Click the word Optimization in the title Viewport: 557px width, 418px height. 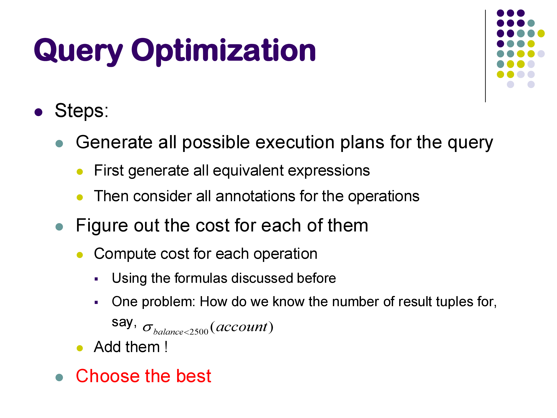tap(223, 52)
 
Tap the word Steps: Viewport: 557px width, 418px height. tap(82, 111)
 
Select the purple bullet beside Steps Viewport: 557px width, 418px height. tap(38, 112)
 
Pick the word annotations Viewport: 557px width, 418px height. tap(255, 196)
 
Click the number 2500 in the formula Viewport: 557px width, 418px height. tap(199, 332)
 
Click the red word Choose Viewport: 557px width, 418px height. tap(108, 376)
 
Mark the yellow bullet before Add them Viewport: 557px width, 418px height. tap(80, 348)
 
